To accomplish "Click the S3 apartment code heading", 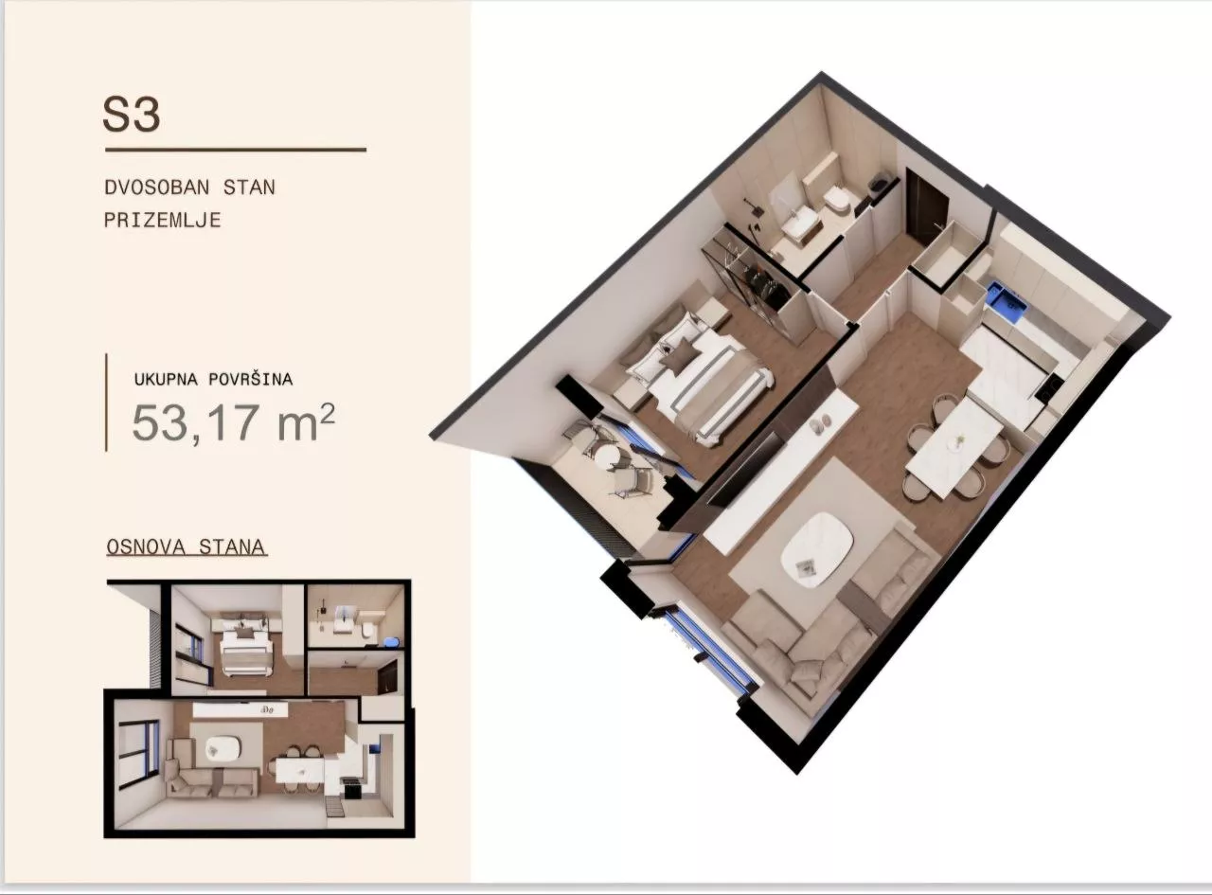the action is click(x=132, y=115).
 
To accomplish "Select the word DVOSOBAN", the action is click(x=157, y=188).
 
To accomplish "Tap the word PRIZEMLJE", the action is click(x=162, y=220).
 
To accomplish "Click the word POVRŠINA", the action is click(x=251, y=379).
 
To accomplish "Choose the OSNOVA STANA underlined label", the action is click(x=187, y=546).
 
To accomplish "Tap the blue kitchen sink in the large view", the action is click(x=1006, y=299).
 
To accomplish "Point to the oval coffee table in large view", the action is click(x=816, y=549).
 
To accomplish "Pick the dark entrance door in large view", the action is click(x=925, y=206).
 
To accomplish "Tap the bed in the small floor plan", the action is click(x=244, y=646).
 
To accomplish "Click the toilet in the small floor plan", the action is click(x=367, y=631).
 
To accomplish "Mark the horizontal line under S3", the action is click(x=236, y=149).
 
